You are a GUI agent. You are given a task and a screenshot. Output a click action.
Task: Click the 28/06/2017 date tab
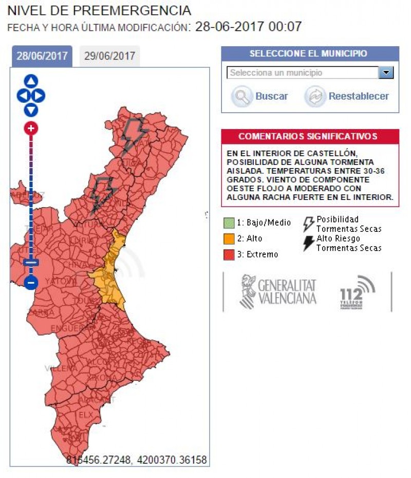click(x=42, y=56)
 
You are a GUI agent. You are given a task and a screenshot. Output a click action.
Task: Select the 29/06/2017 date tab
click(x=109, y=56)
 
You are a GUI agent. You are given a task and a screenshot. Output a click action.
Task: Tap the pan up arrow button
click(x=31, y=81)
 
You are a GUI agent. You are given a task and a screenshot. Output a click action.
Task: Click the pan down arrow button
click(x=31, y=110)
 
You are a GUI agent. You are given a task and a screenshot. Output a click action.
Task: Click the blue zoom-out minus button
click(x=31, y=282)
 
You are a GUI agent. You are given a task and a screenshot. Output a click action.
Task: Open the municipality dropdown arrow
click(x=386, y=73)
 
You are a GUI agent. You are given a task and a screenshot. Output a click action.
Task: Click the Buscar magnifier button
click(x=241, y=96)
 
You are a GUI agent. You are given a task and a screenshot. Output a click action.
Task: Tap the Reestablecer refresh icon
click(x=315, y=96)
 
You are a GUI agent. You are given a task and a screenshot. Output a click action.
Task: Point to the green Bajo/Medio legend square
click(x=229, y=223)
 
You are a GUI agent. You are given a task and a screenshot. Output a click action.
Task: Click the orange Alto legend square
click(x=229, y=238)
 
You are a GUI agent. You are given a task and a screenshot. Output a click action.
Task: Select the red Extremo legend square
click(x=229, y=254)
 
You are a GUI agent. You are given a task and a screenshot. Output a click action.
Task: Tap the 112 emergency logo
click(x=357, y=293)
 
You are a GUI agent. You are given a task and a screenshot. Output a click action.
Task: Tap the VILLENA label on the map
click(x=58, y=368)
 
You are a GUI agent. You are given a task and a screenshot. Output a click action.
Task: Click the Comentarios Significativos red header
click(x=310, y=136)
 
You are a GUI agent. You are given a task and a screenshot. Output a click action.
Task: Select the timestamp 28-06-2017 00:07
click(x=248, y=26)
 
